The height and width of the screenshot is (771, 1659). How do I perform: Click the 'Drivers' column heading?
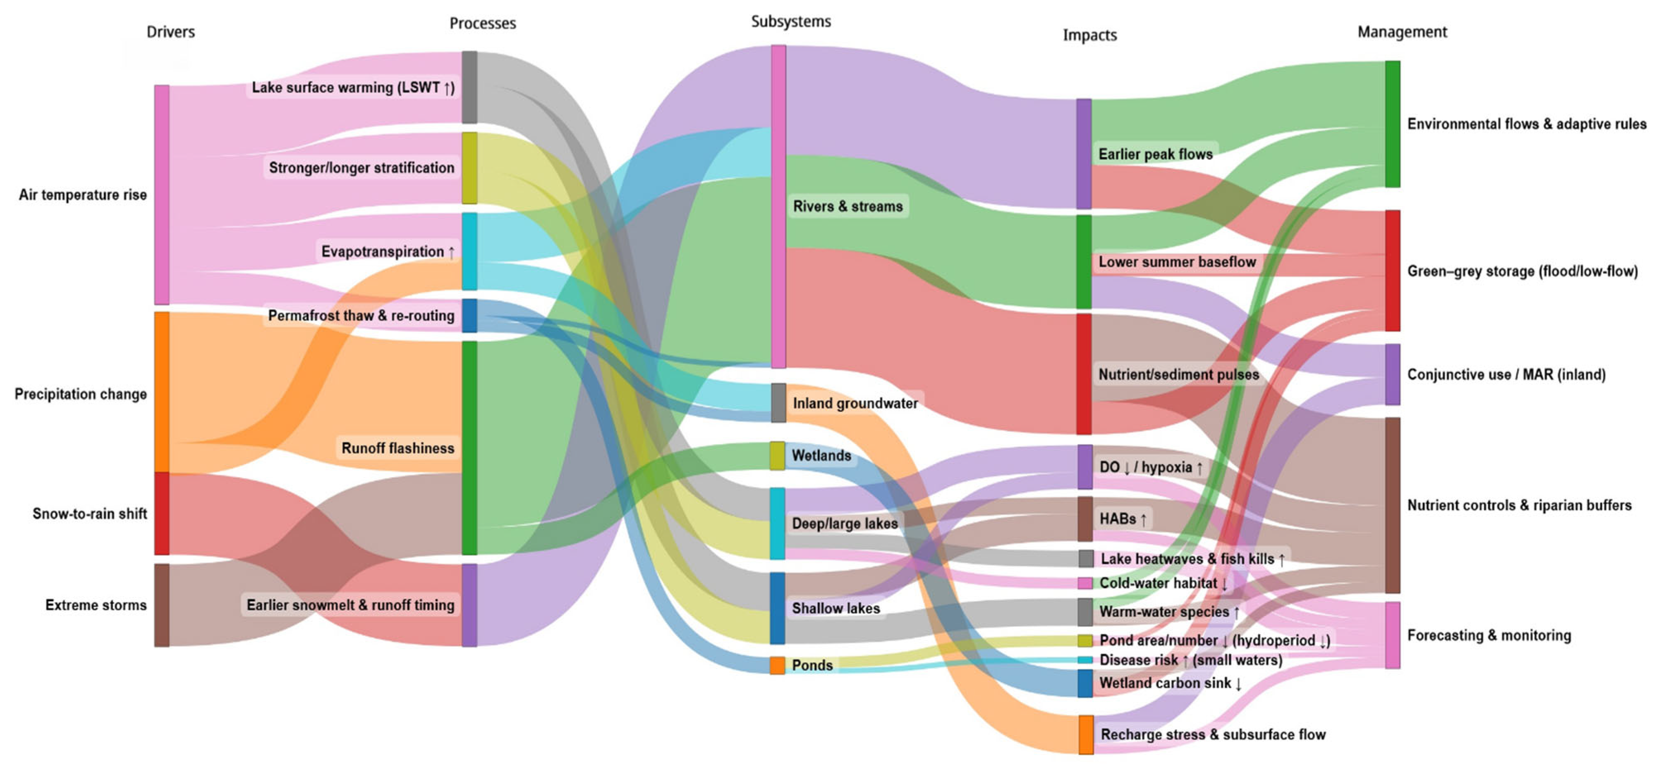coord(171,31)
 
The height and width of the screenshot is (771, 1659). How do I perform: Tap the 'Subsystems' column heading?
coord(791,21)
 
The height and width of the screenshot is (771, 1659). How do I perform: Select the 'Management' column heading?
coord(1402,31)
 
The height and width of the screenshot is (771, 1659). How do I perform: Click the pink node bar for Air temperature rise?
coord(162,194)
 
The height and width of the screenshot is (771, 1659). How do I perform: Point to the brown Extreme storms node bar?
coord(162,605)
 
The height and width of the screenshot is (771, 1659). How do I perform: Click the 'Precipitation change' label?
coord(81,394)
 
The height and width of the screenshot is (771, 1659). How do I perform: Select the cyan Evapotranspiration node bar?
coord(469,251)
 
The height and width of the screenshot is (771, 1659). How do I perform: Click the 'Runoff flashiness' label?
coord(397,448)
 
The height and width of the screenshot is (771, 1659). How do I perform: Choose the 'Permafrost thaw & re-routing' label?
coord(361,315)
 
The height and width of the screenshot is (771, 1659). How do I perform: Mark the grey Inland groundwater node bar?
coord(778,403)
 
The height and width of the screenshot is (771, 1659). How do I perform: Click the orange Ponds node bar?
coord(777,665)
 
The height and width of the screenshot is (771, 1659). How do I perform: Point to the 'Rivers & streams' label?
coord(847,206)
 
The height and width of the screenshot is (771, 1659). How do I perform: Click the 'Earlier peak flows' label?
coord(1155,154)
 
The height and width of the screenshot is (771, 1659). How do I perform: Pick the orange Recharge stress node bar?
coord(1086,734)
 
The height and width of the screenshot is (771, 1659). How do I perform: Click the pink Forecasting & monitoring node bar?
coord(1392,635)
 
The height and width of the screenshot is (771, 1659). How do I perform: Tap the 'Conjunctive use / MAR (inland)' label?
coord(1506,375)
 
